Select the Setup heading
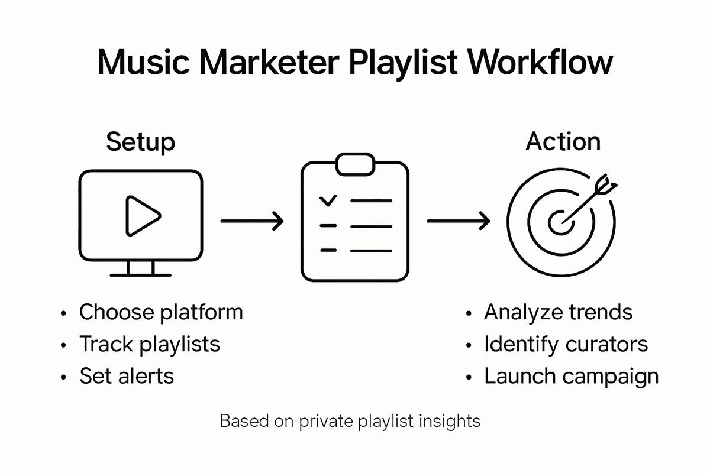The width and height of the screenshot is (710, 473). [140, 142]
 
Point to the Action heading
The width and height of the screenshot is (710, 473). [563, 142]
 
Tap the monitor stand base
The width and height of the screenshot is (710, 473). [141, 274]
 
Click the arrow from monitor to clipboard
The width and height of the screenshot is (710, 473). [251, 222]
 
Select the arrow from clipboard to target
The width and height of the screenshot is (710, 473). [458, 222]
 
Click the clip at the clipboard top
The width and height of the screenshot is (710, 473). [355, 164]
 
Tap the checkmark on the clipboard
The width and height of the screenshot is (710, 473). [327, 201]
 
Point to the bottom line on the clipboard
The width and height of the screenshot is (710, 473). [371, 250]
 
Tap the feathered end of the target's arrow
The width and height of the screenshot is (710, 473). [608, 184]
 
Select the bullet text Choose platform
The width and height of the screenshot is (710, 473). [161, 312]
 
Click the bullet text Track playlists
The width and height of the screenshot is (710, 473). [150, 344]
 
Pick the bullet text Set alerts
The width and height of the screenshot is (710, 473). [127, 376]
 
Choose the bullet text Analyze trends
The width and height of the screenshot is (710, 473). [558, 312]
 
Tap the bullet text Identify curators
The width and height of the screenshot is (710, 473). [566, 344]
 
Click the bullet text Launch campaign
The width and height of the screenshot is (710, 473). [571, 376]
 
